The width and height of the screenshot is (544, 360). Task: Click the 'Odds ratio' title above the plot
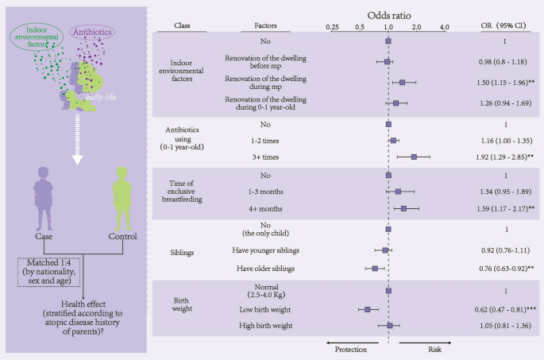click(388, 15)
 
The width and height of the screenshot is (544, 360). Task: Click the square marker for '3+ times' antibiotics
click(414, 157)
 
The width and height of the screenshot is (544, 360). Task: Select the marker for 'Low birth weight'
click(368, 309)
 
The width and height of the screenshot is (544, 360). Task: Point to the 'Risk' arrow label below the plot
click(436, 347)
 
